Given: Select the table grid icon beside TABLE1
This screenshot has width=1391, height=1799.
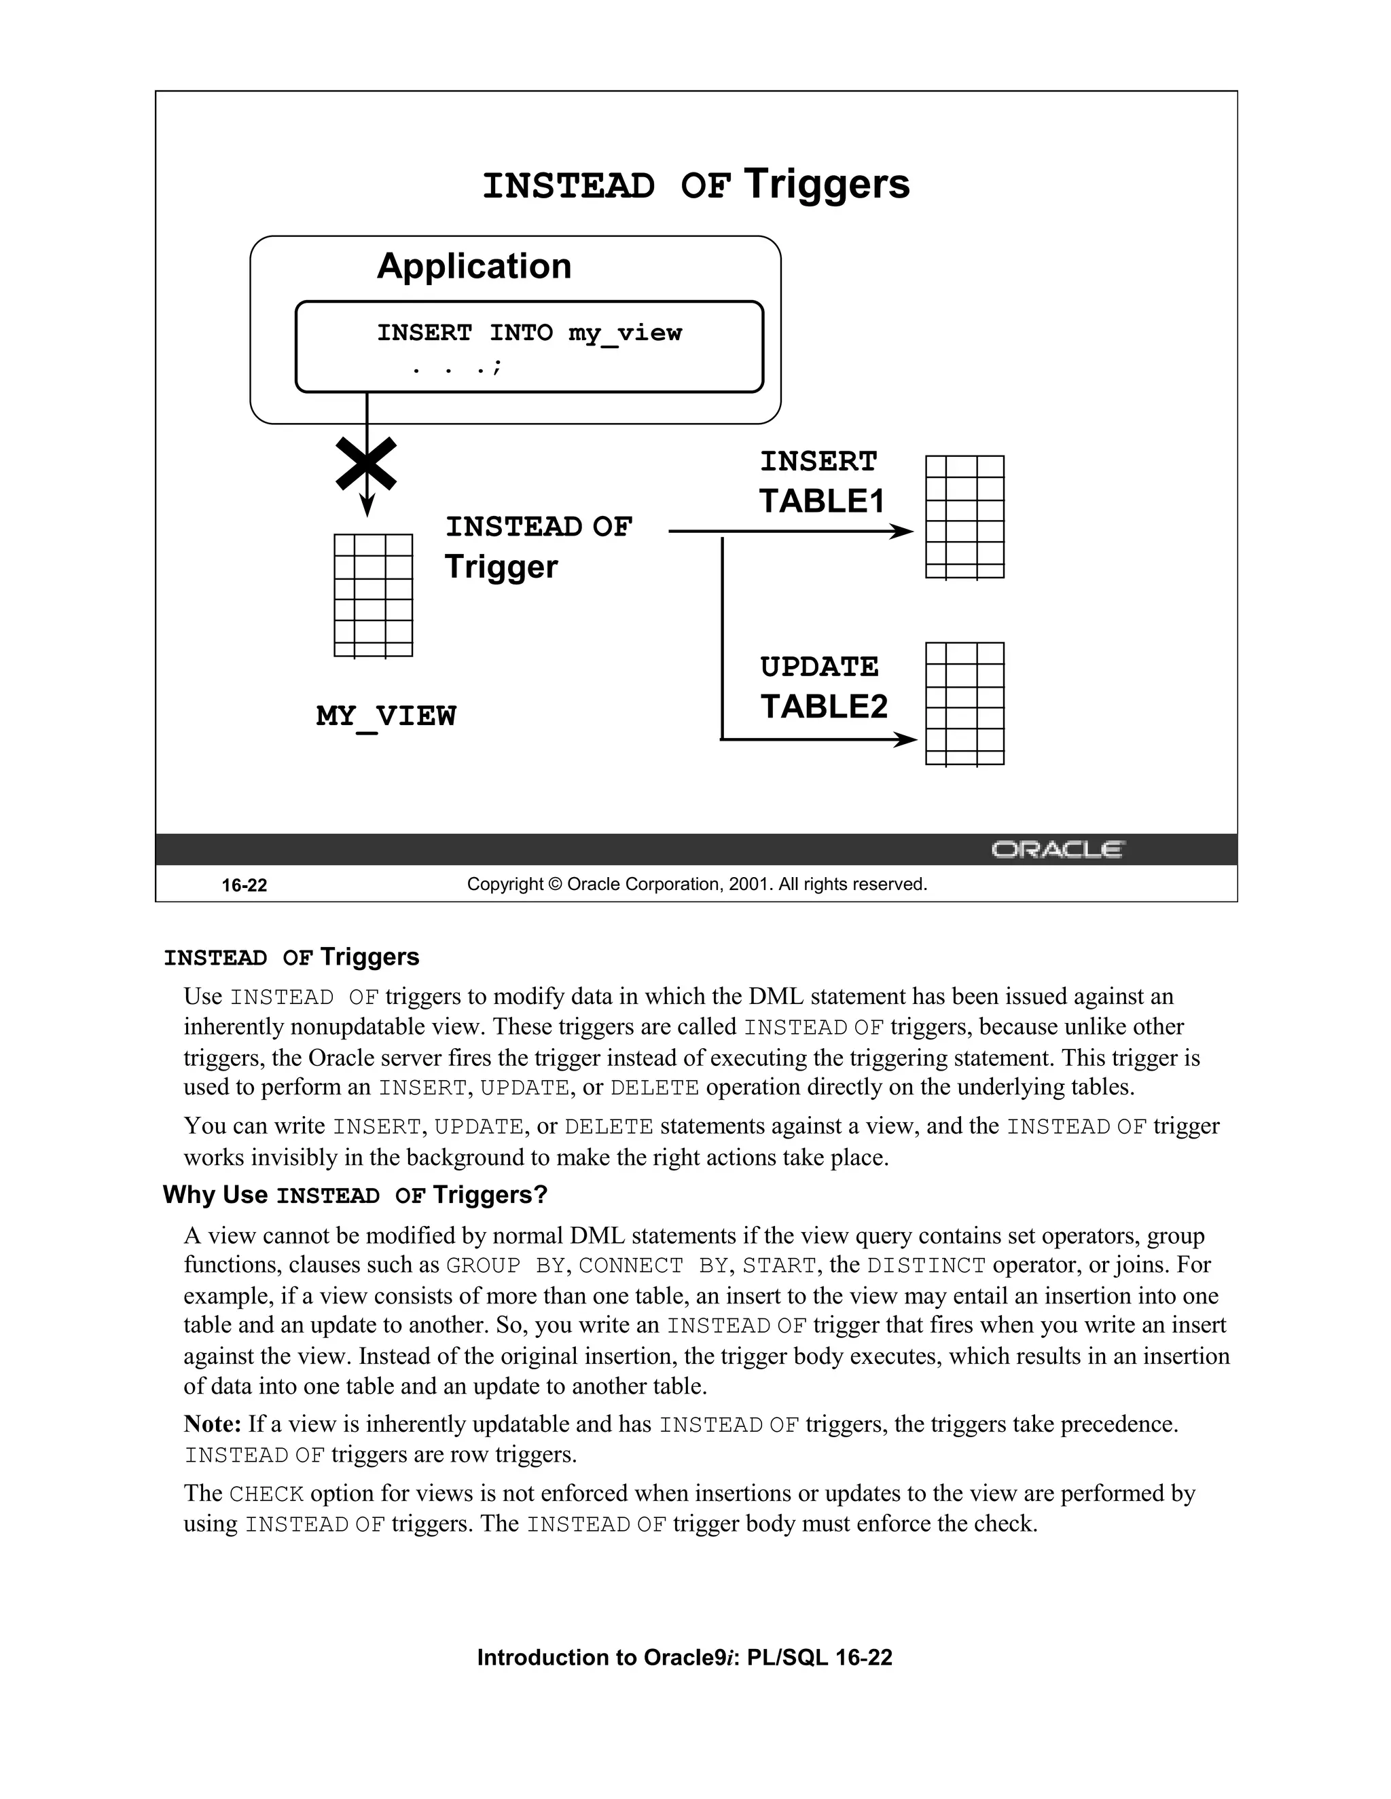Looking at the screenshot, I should tap(964, 517).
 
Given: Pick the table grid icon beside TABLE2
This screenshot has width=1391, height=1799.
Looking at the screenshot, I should tap(964, 704).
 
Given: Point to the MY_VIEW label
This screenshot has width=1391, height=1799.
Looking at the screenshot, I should tap(386, 716).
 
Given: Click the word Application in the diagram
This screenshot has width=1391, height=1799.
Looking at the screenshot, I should tap(474, 266).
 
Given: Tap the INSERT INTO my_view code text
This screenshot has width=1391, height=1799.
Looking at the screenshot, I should tap(529, 333).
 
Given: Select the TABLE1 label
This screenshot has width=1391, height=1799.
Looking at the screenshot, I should tap(822, 501).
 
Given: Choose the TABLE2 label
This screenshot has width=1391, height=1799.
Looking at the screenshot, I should tap(824, 706).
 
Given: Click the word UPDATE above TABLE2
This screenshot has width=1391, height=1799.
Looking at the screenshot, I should tap(819, 667).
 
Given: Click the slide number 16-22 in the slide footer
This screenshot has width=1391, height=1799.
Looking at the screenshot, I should tap(244, 885).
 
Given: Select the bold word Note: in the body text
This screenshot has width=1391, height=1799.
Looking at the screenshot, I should tap(212, 1424).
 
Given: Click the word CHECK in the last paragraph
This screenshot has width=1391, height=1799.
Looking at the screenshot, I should tap(266, 1494).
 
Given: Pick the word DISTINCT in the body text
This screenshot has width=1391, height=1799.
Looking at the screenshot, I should tap(926, 1265).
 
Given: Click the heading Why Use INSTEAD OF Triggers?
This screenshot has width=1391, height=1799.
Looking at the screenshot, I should tap(355, 1194).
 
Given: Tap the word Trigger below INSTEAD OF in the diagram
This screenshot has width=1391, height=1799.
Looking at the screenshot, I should tap(501, 567).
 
